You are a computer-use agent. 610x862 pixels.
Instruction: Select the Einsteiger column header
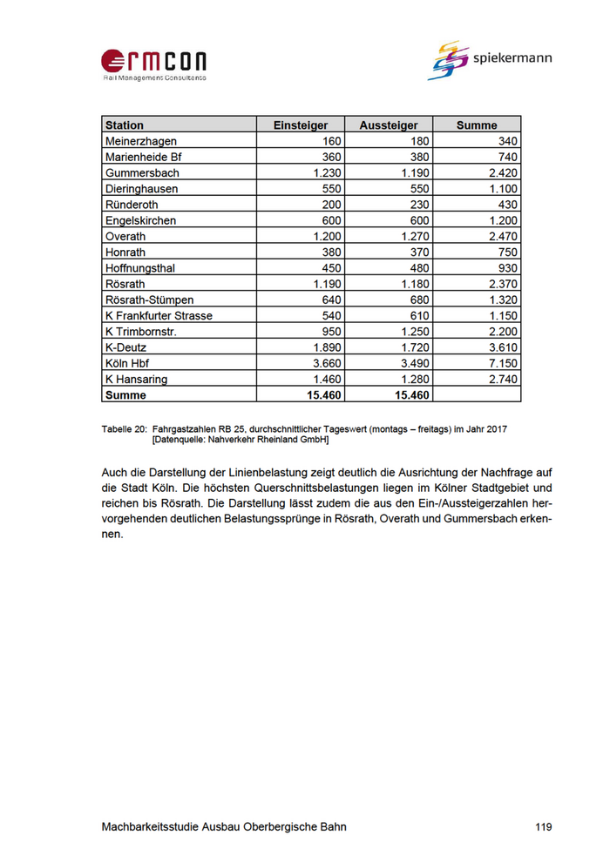pyautogui.click(x=301, y=125)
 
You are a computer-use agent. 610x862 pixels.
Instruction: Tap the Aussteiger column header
pyautogui.click(x=389, y=125)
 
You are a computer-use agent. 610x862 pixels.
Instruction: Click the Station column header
pyautogui.click(x=125, y=125)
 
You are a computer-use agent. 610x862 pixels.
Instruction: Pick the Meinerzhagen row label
pyautogui.click(x=140, y=141)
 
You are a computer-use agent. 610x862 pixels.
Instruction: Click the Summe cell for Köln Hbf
pyautogui.click(x=503, y=363)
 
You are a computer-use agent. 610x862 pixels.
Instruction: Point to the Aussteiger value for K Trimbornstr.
pyautogui.click(x=412, y=332)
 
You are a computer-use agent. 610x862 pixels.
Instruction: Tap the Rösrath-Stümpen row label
pyautogui.click(x=150, y=300)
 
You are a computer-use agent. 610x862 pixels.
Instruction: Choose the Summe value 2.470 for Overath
pyautogui.click(x=503, y=237)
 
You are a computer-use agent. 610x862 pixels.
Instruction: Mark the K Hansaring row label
pyautogui.click(x=136, y=380)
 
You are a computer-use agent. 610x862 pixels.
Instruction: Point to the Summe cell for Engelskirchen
pyautogui.click(x=503, y=221)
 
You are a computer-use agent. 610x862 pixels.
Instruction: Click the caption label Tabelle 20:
pyautogui.click(x=124, y=429)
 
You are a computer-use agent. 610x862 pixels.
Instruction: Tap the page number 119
pyautogui.click(x=543, y=827)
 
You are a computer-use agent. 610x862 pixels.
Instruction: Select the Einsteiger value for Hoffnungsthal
pyautogui.click(x=329, y=268)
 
